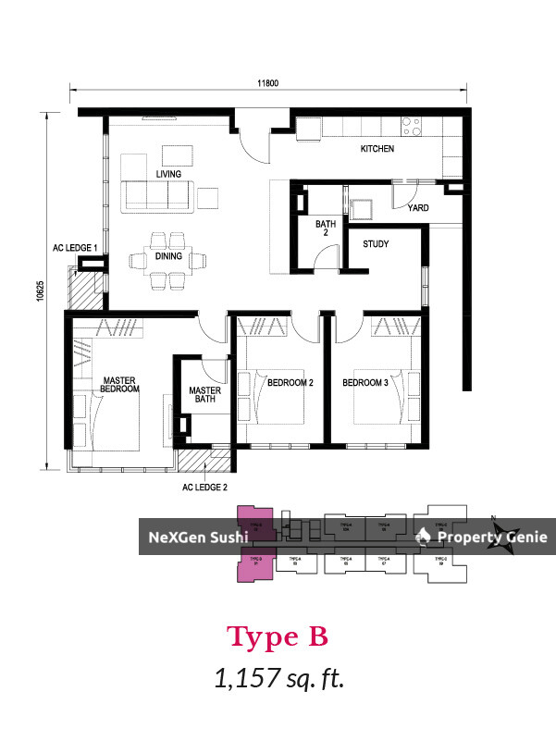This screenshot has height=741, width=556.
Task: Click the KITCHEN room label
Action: pyautogui.click(x=377, y=149)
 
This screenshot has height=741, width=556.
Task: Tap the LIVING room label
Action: pyautogui.click(x=168, y=174)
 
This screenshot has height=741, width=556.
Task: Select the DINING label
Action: pyautogui.click(x=168, y=256)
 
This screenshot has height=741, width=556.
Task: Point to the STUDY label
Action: pyautogui.click(x=376, y=244)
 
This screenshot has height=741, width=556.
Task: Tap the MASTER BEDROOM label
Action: pyautogui.click(x=120, y=385)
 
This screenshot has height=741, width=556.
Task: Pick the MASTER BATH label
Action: pyautogui.click(x=204, y=396)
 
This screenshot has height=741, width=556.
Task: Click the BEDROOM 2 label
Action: pyautogui.click(x=290, y=383)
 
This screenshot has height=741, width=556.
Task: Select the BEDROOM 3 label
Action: pyautogui.click(x=365, y=383)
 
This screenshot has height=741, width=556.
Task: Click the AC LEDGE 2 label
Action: pyautogui.click(x=205, y=487)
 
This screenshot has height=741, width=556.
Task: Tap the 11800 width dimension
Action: pyautogui.click(x=268, y=83)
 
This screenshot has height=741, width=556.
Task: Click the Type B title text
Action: pyautogui.click(x=278, y=637)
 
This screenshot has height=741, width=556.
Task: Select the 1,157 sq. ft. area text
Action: pyautogui.click(x=278, y=680)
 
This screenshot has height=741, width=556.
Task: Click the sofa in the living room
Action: pyautogui.click(x=157, y=195)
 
